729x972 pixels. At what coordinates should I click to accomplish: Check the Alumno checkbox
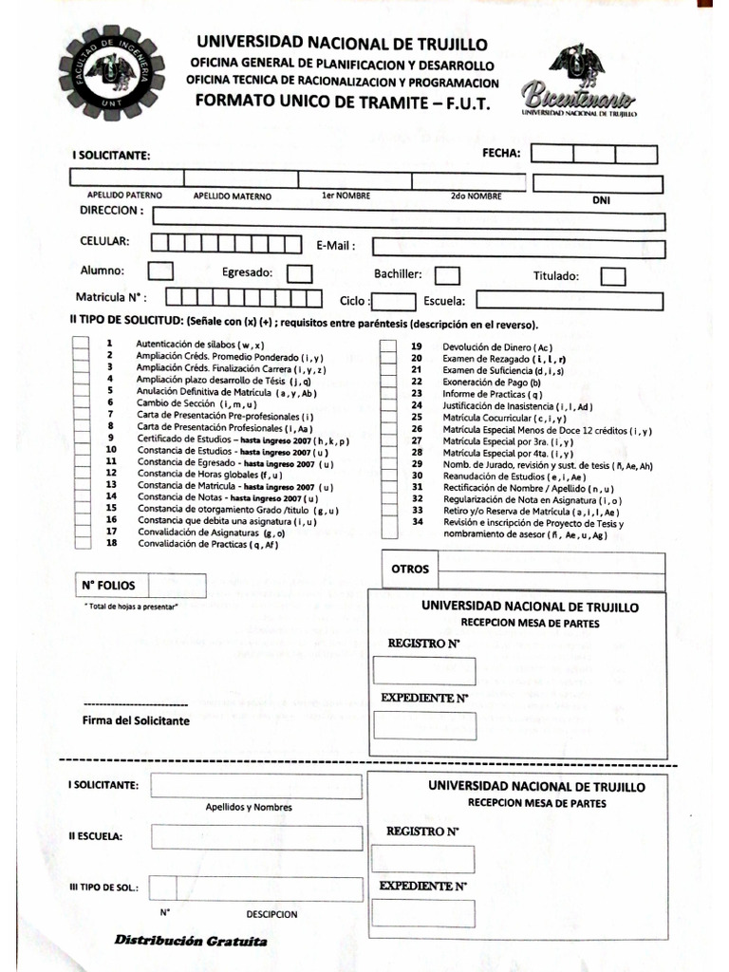tap(161, 271)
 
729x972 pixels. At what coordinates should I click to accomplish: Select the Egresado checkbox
tap(300, 273)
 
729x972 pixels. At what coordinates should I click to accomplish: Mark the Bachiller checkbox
tap(447, 275)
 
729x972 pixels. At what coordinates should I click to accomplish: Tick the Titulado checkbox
tap(613, 276)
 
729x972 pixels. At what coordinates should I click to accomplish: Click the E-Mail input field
tap(517, 247)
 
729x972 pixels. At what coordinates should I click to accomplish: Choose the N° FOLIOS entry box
tap(178, 586)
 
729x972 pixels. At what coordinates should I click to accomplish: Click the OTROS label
tap(410, 570)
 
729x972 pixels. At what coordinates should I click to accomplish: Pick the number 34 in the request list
tap(417, 521)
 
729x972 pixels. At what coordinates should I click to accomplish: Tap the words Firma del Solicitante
tap(136, 720)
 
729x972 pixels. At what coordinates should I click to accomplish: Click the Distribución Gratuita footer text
tap(191, 941)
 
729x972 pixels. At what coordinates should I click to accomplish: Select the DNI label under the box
tap(601, 200)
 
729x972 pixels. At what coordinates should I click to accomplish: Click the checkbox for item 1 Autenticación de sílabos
tap(80, 345)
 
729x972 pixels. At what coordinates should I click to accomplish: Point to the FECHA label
tap(501, 152)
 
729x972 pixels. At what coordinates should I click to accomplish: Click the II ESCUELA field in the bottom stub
tap(256, 838)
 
